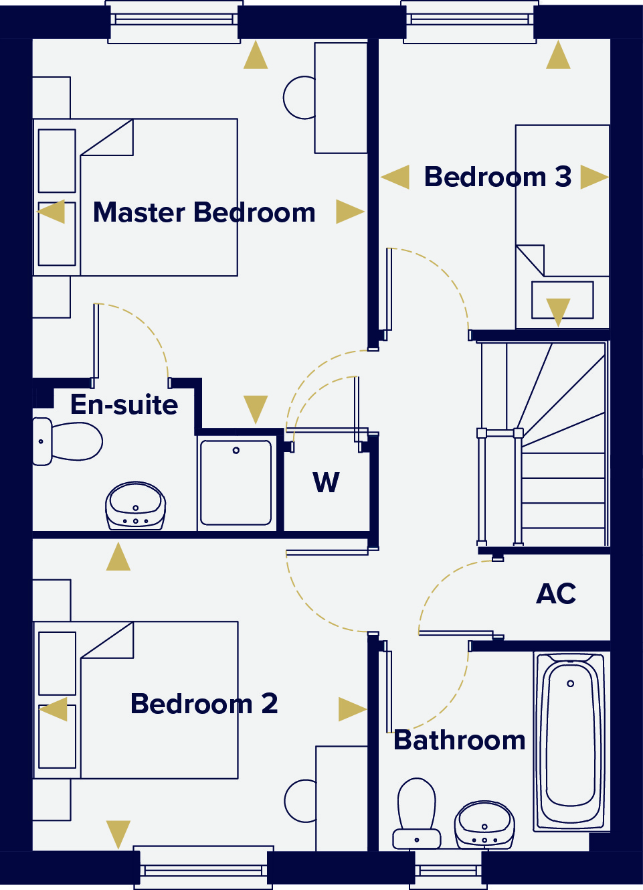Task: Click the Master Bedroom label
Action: coord(204,213)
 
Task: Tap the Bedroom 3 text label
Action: coord(498,177)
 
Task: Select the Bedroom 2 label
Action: coord(204,704)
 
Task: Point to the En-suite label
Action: coord(124,405)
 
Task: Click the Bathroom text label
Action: coord(460,741)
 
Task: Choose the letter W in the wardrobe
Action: coord(327,483)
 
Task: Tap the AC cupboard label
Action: coord(556,594)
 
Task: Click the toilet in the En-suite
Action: coord(67,441)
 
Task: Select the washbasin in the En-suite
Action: coord(136,506)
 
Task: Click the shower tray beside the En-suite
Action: coord(236,482)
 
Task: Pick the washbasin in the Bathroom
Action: coord(484,826)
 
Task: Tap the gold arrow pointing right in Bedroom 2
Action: coord(351,709)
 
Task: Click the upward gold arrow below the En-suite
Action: coord(118,557)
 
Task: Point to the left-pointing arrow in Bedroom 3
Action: coord(395,178)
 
